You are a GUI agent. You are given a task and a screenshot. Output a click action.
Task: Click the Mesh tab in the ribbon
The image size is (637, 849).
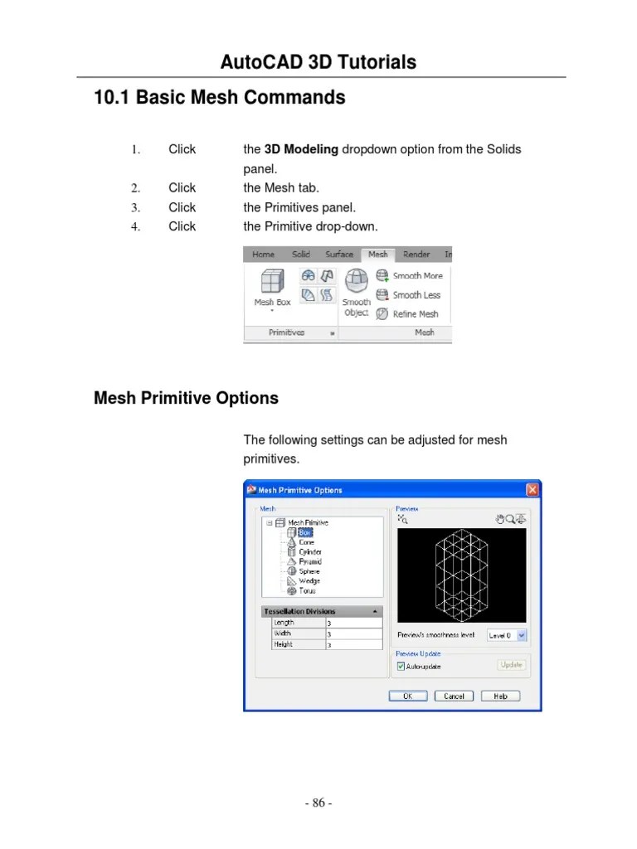[377, 255]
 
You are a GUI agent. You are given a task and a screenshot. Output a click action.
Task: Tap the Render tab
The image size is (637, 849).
[416, 255]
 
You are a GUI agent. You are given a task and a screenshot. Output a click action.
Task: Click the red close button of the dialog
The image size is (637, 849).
[532, 490]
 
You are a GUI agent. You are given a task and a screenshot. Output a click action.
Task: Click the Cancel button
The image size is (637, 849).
[454, 696]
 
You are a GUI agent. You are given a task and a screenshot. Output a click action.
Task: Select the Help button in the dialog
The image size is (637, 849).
[501, 696]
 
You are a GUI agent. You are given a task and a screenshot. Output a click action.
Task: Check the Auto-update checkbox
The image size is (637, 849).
[402, 667]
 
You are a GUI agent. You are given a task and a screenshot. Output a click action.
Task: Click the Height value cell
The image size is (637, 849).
[353, 644]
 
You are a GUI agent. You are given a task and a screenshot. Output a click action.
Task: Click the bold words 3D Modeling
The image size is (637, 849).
[301, 149]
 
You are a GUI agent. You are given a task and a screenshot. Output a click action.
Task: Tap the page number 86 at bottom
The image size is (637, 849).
[318, 803]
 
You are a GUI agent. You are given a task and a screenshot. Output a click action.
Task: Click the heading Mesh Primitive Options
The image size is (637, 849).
[186, 398]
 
